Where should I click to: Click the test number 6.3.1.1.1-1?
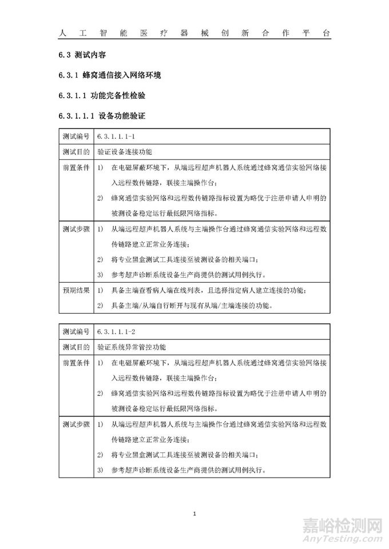pos(117,137)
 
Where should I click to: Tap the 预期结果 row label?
pos(76,290)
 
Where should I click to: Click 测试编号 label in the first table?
pos(76,137)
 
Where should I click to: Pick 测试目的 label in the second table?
pos(76,347)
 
